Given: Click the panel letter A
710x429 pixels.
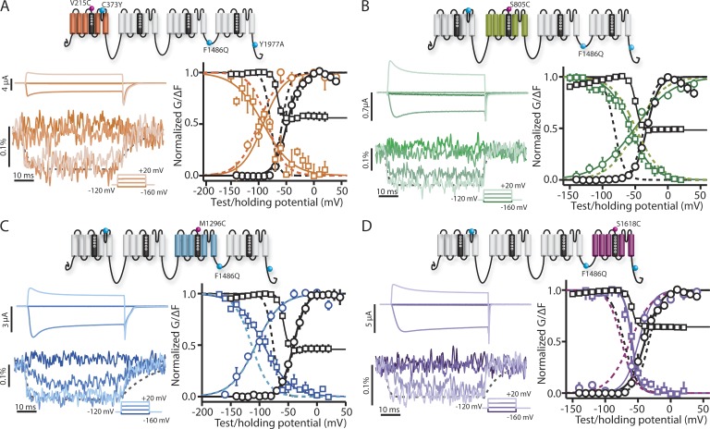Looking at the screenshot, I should [x=8, y=8].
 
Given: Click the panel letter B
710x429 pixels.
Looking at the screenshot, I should [x=364, y=8].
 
